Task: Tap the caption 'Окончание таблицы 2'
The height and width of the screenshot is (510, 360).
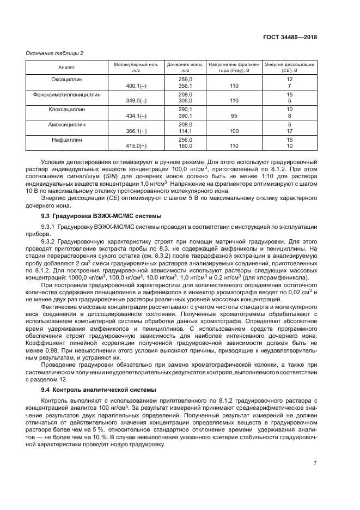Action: point(55,53)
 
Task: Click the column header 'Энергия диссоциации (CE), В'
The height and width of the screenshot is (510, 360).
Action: point(289,67)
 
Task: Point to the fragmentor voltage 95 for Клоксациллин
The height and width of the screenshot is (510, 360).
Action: point(234,116)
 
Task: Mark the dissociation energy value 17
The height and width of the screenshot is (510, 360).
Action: point(290,131)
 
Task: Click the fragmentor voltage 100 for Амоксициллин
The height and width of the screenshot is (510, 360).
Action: point(234,131)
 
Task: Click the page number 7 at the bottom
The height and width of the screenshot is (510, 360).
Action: point(315,463)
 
